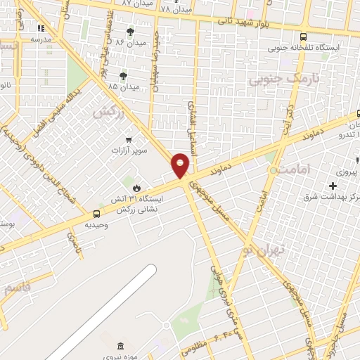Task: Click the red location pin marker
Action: [x=181, y=165]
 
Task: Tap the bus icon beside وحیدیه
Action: [x=96, y=214]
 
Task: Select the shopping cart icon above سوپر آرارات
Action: [x=128, y=139]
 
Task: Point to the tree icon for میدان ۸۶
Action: [x=130, y=32]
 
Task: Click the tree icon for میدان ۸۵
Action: [x=124, y=75]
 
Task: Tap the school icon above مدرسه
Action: [x=40, y=29]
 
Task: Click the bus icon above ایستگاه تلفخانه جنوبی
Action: [x=303, y=37]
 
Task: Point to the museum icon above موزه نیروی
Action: [x=120, y=345]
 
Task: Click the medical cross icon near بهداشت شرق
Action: [x=333, y=186]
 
